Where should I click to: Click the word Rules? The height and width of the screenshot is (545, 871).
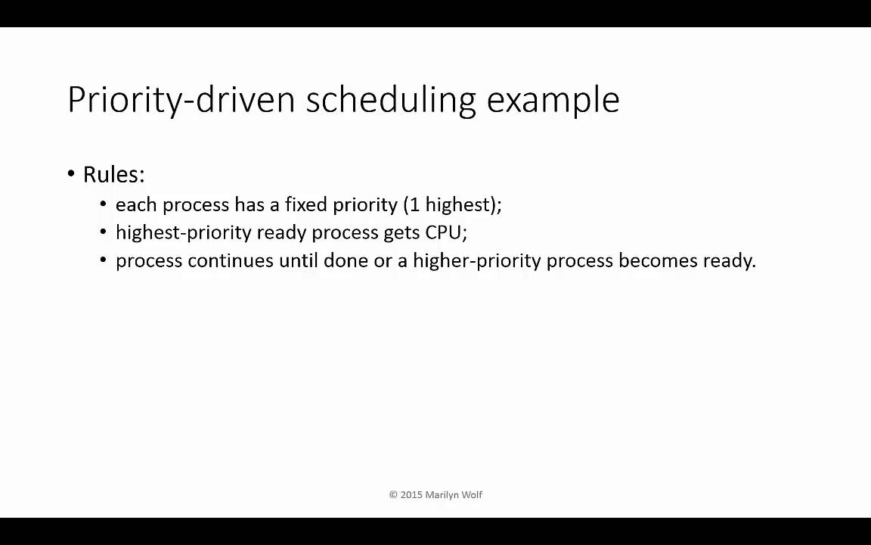113,175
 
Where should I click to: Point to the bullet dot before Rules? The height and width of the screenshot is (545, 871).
71,175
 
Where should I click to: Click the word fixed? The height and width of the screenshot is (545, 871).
305,205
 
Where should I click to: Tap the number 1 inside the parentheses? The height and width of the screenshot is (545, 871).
414,205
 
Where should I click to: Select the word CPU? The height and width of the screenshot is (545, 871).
444,232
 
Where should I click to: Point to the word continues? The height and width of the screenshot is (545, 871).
230,261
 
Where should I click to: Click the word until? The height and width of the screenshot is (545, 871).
298,261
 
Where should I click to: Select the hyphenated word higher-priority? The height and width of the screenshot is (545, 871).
476,261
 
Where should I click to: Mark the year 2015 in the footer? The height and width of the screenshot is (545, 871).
411,495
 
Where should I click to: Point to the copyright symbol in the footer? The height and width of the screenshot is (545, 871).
393,495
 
